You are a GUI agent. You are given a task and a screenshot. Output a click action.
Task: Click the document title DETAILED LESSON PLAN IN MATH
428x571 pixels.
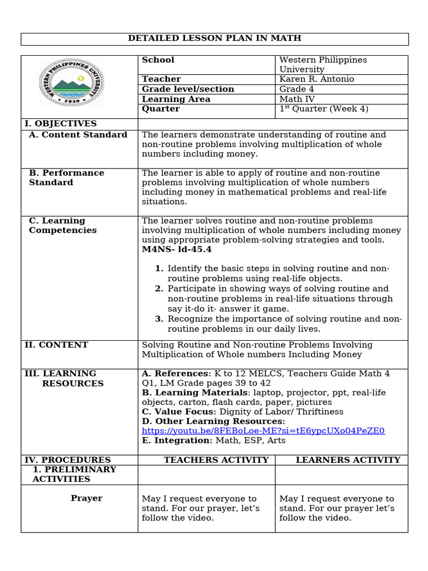[x=215, y=38]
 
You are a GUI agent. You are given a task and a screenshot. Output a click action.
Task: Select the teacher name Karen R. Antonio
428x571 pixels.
[x=317, y=79]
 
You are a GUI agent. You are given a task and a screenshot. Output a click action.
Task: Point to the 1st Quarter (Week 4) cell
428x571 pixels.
[x=323, y=109]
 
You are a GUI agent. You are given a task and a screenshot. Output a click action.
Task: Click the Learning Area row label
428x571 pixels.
[x=176, y=99]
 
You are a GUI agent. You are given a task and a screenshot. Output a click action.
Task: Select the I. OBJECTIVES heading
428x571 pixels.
[x=60, y=124]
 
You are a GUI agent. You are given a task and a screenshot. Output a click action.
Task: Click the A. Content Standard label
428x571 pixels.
[x=78, y=135]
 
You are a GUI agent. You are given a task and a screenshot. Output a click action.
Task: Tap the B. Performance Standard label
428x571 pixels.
[x=66, y=178]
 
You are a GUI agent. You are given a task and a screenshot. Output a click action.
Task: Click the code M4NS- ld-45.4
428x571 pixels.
[x=177, y=249]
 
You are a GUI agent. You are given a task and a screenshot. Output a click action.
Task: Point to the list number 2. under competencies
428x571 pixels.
[x=159, y=289]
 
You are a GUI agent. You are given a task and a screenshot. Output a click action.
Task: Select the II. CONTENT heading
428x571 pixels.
[x=56, y=345]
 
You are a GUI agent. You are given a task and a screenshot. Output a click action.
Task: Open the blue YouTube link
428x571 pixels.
[x=263, y=431]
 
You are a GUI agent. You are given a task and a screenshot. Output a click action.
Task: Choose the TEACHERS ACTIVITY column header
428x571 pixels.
[x=216, y=460]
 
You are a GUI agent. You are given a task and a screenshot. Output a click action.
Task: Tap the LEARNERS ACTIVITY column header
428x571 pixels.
[x=348, y=460]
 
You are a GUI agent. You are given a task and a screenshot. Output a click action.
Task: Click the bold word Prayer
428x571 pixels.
[x=86, y=499]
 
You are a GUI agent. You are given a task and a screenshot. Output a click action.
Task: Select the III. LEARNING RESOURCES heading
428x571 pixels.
[x=64, y=379]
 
